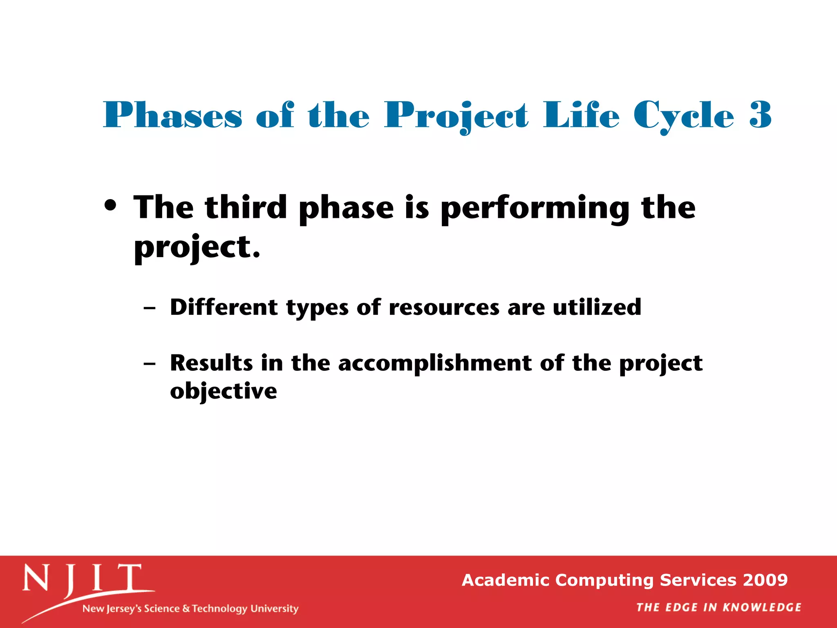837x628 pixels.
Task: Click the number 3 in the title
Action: (760, 115)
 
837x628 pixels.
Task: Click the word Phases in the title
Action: (173, 115)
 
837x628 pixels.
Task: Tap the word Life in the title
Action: (581, 115)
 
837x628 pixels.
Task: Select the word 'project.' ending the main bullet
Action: (197, 248)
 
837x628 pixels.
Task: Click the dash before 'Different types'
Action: (150, 308)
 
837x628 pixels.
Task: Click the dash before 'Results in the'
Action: (150, 363)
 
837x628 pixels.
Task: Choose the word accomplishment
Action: (435, 363)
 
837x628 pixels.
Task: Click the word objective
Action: (224, 392)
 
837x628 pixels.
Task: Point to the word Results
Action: (211, 363)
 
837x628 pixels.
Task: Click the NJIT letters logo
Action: (82, 580)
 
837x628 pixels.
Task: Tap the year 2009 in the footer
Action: (765, 580)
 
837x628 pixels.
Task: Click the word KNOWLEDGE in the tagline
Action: (762, 608)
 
